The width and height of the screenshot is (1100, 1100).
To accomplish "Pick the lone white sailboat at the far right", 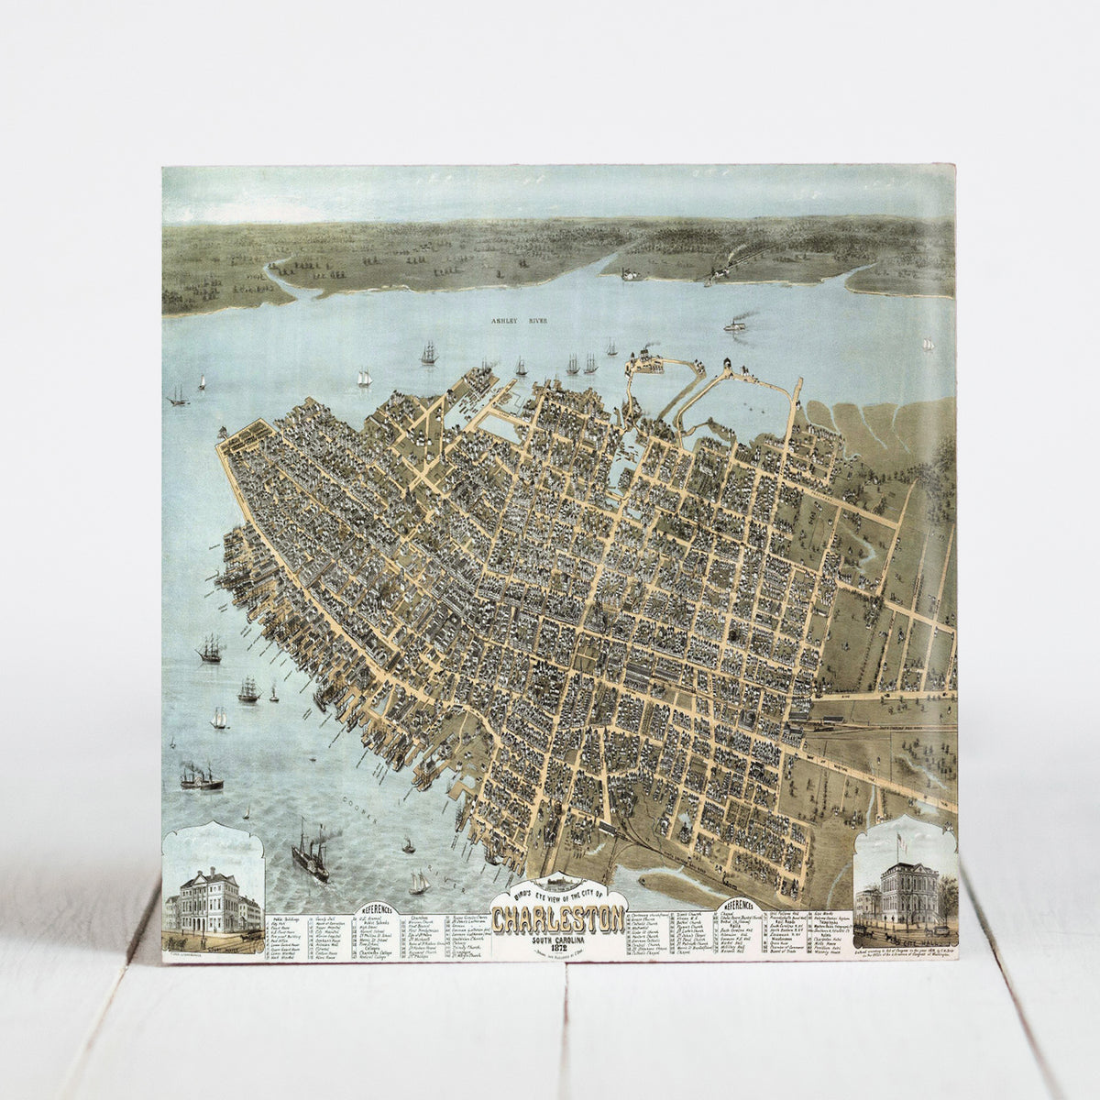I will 927,343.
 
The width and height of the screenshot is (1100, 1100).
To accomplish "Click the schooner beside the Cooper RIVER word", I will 418,883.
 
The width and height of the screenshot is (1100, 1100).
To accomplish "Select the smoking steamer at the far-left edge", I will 197,776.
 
